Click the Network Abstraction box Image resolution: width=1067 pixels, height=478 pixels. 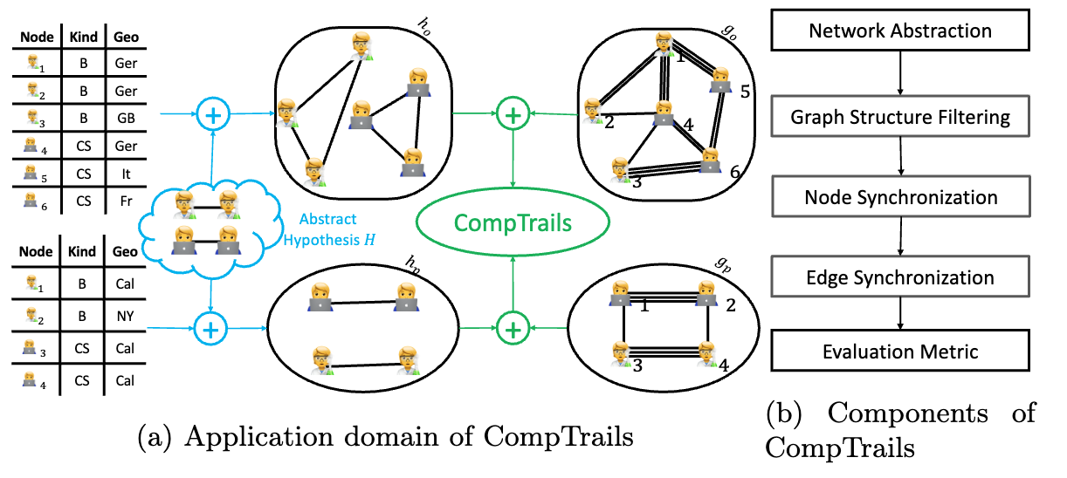(900, 31)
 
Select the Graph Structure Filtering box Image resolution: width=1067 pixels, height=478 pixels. (900, 116)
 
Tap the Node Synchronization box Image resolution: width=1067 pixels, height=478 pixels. (900, 197)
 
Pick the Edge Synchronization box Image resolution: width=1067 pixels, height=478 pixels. (900, 277)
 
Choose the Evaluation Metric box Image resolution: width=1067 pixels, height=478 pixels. (900, 352)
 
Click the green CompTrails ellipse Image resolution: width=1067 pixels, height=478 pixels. (513, 222)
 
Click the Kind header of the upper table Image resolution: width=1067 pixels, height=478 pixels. (81, 38)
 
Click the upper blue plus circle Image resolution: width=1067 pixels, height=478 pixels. (211, 113)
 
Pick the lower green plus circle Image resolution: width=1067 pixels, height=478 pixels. (513, 330)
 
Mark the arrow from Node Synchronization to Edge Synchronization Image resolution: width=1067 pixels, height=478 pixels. (900, 237)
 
